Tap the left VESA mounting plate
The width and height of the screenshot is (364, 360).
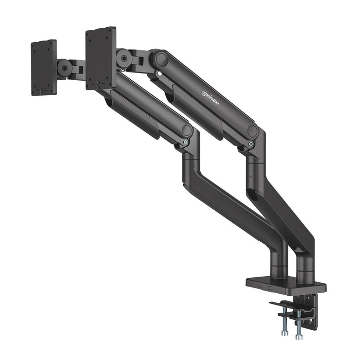(x=43, y=67)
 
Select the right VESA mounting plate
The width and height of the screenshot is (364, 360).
(x=101, y=58)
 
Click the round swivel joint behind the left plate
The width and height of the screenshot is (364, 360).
(x=64, y=68)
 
